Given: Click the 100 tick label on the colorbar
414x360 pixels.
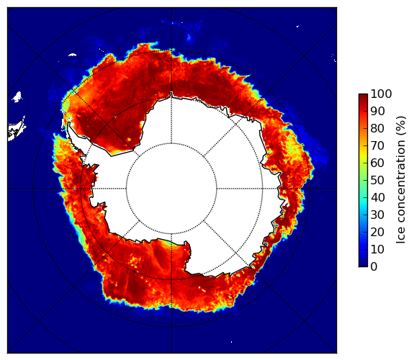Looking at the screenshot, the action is [381, 94].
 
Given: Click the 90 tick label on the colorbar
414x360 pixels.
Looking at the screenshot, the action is [377, 111].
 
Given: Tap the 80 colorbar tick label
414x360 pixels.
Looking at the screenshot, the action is [377, 128].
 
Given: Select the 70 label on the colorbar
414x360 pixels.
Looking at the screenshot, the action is [377, 145].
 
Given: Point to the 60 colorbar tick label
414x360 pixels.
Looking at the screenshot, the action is [377, 163].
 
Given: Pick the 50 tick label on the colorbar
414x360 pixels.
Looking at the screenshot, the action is [377, 181].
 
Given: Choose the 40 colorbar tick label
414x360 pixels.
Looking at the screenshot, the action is [377, 197].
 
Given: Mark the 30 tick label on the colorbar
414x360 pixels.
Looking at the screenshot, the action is [377, 215].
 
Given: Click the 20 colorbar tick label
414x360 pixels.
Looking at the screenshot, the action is [377, 232].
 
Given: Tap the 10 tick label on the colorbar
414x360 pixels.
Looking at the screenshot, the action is [377, 250].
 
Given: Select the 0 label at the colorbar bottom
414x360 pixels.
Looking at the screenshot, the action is [374, 267].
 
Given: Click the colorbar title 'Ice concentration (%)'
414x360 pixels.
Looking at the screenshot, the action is [401, 180].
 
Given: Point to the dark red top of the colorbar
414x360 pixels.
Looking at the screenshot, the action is [363, 95].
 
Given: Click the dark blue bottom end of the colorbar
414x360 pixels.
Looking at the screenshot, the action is [363, 265].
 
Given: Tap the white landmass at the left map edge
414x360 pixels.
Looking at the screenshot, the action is [17, 130].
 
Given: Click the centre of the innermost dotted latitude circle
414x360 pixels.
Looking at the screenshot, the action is [171, 189].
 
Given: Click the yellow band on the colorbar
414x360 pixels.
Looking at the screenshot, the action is [363, 154].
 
